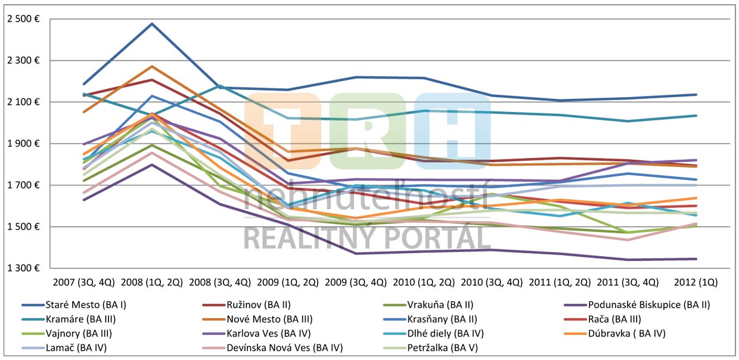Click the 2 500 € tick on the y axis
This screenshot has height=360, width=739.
(x=23, y=19)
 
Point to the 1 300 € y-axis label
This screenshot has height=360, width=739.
(x=23, y=268)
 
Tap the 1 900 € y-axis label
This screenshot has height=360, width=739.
(x=23, y=144)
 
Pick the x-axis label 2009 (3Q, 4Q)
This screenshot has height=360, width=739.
(x=356, y=281)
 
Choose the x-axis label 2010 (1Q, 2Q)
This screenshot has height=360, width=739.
(x=424, y=281)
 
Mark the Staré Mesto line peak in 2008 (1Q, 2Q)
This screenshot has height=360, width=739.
(x=152, y=24)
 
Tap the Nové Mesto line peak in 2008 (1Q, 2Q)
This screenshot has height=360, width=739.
(x=152, y=66)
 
